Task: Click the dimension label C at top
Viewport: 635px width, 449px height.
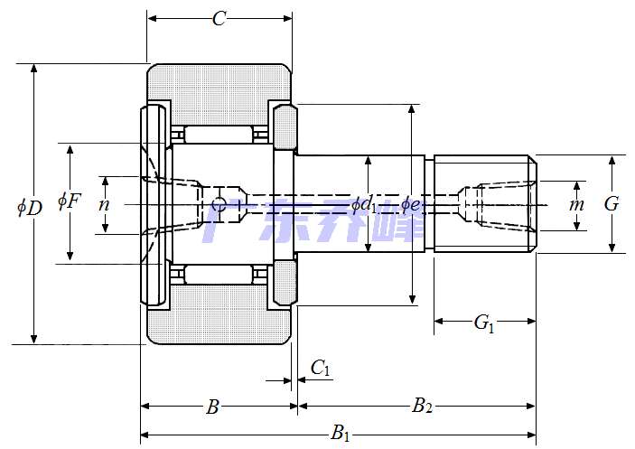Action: [x=219, y=19]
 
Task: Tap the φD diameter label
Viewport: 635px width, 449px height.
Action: [x=29, y=207]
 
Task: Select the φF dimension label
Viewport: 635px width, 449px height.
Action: [x=69, y=201]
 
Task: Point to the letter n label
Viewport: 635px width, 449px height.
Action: [x=104, y=205]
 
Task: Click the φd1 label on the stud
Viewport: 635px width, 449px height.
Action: [x=365, y=205]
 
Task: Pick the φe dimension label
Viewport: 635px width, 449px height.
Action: [x=411, y=205]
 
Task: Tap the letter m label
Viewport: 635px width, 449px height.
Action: [x=576, y=205]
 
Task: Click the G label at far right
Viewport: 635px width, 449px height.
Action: [x=612, y=204]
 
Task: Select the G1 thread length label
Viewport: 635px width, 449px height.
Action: [x=484, y=322]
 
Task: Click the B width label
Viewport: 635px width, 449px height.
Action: [x=212, y=407]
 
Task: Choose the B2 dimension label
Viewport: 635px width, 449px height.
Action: [x=422, y=407]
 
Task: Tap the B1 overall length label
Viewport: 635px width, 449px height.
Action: [x=341, y=435]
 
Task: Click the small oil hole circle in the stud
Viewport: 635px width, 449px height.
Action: [x=218, y=205]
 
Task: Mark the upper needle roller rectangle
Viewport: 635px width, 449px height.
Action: [x=219, y=135]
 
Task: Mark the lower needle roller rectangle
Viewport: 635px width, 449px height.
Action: [x=219, y=275]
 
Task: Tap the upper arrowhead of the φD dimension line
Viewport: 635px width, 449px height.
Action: [x=34, y=70]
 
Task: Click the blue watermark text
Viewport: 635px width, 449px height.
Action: [x=312, y=221]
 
